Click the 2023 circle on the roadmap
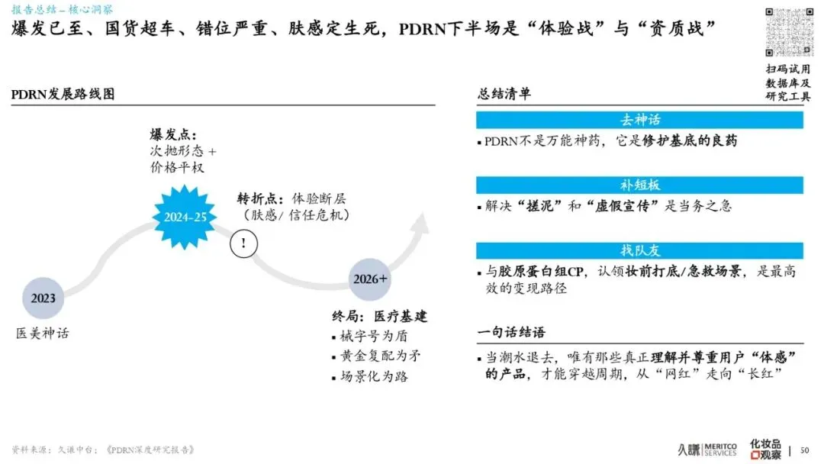point(43,298)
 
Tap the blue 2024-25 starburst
point(185,217)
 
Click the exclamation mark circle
point(243,243)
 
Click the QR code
point(788,31)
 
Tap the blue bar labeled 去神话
point(639,120)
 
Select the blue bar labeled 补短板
point(639,185)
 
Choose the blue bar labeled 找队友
point(639,250)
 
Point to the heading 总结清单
point(504,94)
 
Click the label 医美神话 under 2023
point(43,333)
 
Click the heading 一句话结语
point(511,333)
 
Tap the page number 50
point(805,450)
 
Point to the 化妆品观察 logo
point(765,449)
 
